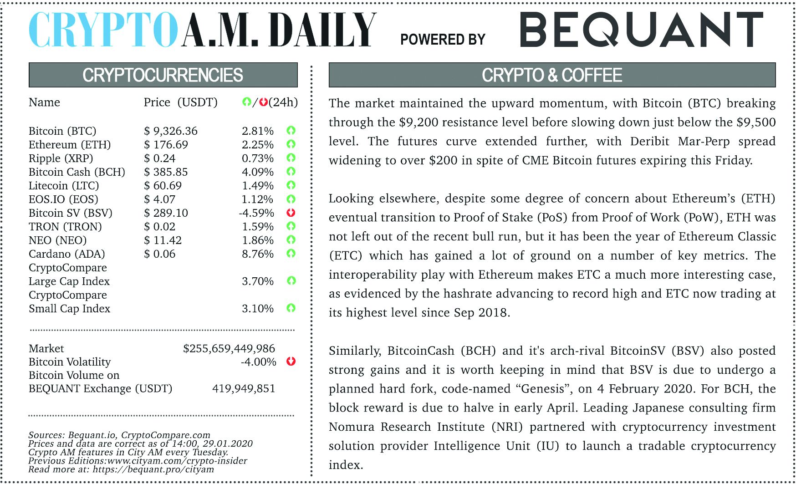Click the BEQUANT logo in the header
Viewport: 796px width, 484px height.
pos(641,30)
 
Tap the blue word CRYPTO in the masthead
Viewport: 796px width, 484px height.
pos(103,30)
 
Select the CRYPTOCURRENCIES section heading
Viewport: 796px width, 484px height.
pos(163,75)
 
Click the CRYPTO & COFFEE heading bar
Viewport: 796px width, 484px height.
pos(552,75)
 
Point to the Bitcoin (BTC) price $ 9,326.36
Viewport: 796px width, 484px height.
pos(171,131)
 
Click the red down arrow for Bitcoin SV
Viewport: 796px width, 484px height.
pos(291,213)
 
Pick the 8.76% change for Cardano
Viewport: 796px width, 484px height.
pos(257,254)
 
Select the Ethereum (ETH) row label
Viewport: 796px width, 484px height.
pos(70,145)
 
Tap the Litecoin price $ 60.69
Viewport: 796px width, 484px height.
pos(163,186)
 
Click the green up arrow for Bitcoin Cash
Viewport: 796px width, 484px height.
pos(291,172)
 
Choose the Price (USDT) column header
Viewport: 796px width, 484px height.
pos(180,102)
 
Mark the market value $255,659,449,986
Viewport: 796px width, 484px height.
pos(229,349)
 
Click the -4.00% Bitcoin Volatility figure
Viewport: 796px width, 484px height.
pos(258,362)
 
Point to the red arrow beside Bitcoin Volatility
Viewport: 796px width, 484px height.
pos(291,362)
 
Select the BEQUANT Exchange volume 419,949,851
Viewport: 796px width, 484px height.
pos(243,389)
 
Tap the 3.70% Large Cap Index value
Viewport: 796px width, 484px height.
pos(257,281)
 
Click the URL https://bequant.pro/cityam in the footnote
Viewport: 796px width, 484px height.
pos(153,469)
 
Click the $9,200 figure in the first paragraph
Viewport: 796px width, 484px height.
pos(415,122)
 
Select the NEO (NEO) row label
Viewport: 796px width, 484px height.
pos(57,240)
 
